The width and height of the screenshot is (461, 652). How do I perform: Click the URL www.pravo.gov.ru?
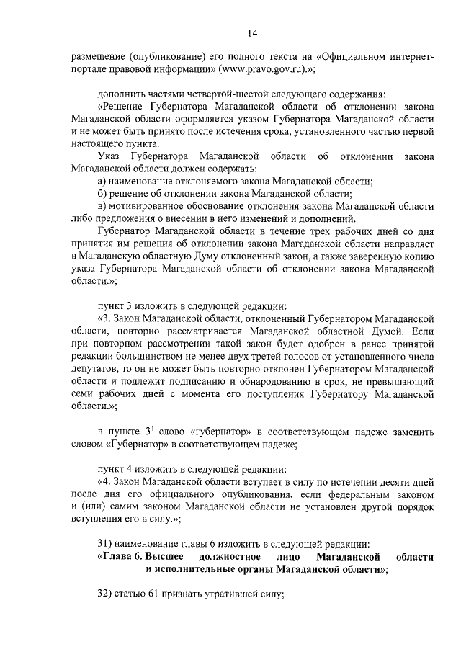263,69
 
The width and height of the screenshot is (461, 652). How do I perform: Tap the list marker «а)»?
103,181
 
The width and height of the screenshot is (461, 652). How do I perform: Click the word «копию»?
417,255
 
